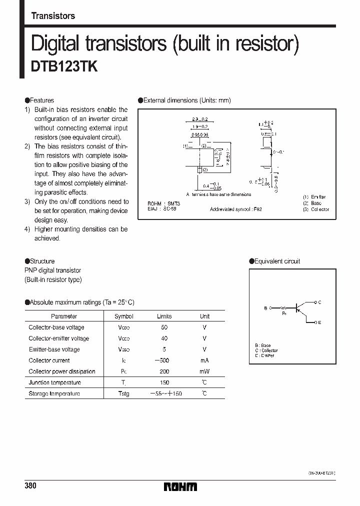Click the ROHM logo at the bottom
coord(180,486)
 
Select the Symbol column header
coord(123,316)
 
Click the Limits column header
coord(164,316)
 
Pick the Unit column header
coord(204,316)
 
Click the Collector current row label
coord(49,360)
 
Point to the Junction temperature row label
coord(54,382)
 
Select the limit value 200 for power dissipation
coord(164,371)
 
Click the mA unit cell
coord(204,360)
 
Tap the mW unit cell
coord(204,371)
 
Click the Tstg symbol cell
coord(123,394)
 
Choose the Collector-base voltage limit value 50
coord(164,327)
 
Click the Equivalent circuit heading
coord(277,261)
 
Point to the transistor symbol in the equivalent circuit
coord(300,308)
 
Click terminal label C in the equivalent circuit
coord(319,302)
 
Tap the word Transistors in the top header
coord(53,16)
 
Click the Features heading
coord(42,100)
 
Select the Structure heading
coord(42,261)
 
